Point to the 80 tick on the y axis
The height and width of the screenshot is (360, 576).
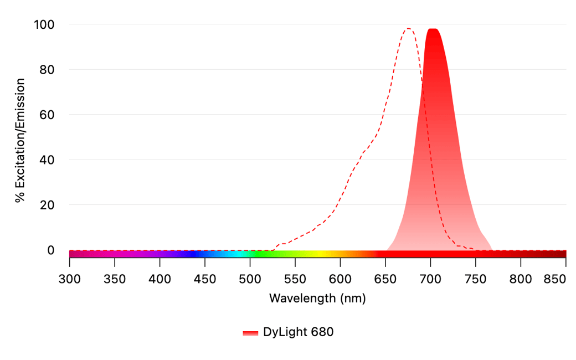click(x=48, y=70)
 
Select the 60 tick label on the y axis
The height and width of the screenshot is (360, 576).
click(x=48, y=115)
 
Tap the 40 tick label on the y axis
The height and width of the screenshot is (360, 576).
click(x=48, y=160)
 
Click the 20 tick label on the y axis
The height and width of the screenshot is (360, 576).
click(x=48, y=205)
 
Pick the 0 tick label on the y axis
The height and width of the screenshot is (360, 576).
click(x=51, y=250)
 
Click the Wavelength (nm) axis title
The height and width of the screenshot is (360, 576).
click(x=317, y=299)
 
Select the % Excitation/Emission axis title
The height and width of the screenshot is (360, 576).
click(x=20, y=140)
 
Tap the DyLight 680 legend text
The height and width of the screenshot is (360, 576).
click(x=298, y=332)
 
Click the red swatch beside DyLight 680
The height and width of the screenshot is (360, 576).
click(x=250, y=333)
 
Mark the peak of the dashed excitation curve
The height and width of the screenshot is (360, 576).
click(x=408, y=29)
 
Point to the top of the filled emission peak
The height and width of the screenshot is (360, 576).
click(x=433, y=29)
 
